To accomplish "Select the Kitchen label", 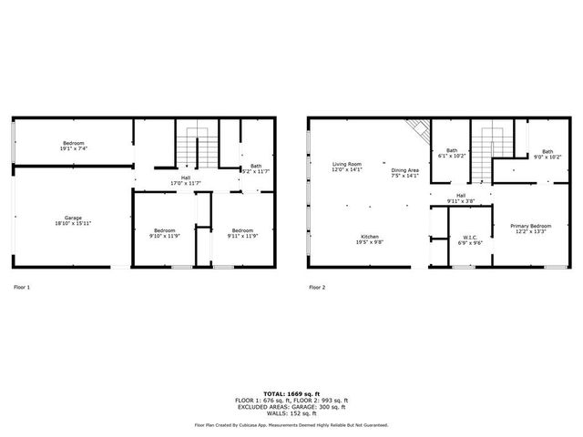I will (369, 239).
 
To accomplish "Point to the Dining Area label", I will (405, 172).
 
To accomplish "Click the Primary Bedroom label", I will (530, 228).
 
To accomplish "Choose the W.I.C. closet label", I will (470, 239).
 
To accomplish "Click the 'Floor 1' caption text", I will (22, 287).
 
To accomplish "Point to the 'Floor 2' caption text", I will (316, 287).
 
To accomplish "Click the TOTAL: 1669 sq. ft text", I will (291, 393).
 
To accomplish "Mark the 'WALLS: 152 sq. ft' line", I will (291, 414).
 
